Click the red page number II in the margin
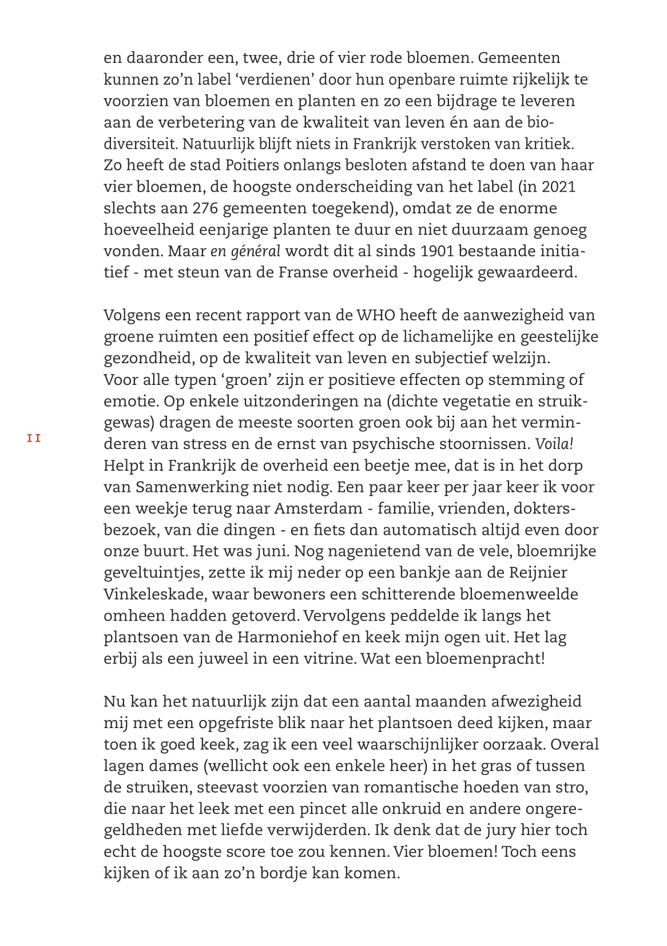coord(34,439)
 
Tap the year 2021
coord(558,187)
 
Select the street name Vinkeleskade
coord(153,594)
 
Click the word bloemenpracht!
coord(485,658)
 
